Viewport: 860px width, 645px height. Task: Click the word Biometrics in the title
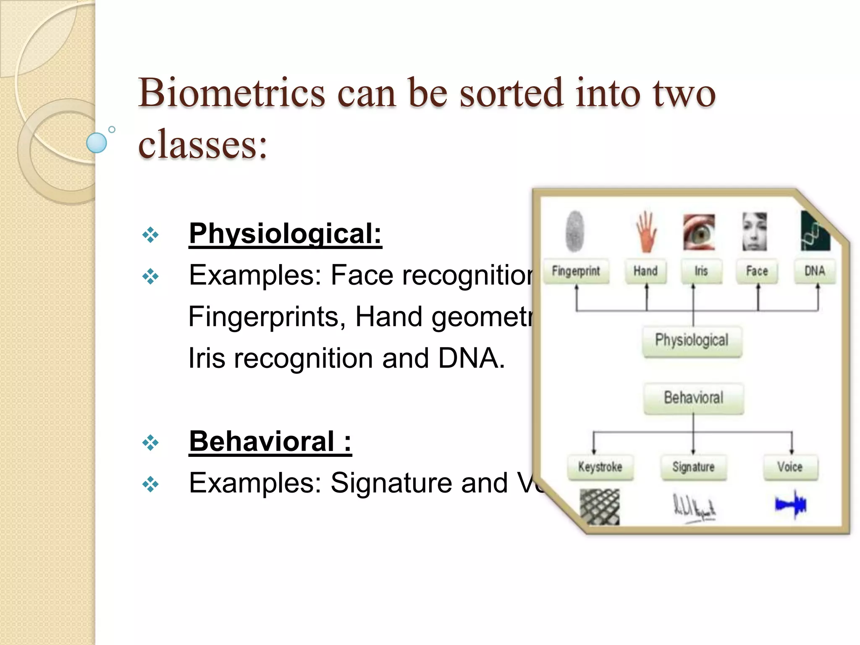(x=231, y=93)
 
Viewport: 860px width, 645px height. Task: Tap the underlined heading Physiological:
(x=285, y=233)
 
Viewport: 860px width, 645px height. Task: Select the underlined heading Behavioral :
(x=270, y=441)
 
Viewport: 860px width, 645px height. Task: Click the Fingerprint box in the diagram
(x=576, y=271)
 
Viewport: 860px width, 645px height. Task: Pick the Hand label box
(x=645, y=271)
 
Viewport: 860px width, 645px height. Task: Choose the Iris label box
(x=701, y=271)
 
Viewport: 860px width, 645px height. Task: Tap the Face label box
(x=757, y=271)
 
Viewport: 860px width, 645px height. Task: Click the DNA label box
(x=815, y=271)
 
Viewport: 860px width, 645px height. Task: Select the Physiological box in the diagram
(x=692, y=341)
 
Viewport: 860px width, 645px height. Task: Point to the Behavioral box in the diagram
(x=693, y=398)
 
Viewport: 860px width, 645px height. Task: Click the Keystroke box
(x=600, y=467)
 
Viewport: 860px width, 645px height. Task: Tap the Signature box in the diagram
(x=693, y=467)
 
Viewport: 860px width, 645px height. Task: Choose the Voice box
(x=790, y=467)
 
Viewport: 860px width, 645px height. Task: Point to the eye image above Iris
(x=699, y=232)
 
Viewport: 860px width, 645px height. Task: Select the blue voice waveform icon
(x=791, y=504)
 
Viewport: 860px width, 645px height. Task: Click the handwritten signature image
(x=694, y=509)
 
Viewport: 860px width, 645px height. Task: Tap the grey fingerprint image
(x=575, y=231)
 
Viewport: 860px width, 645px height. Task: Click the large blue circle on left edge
(x=97, y=143)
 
